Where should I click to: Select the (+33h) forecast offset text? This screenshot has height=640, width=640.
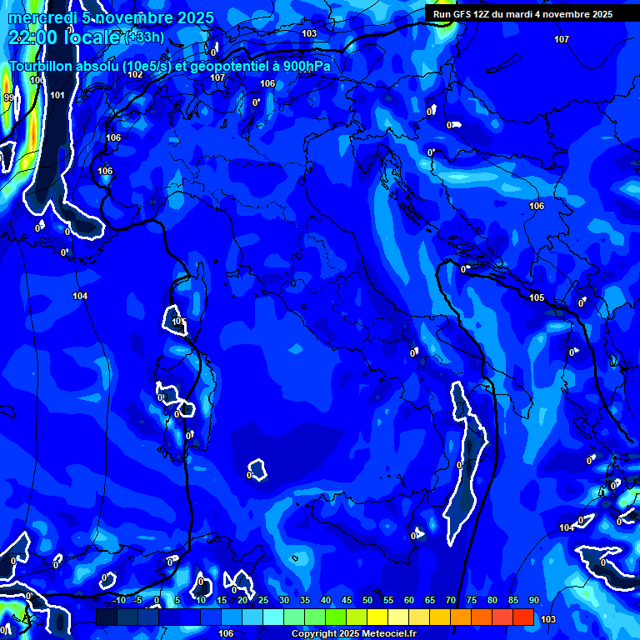click(x=145, y=37)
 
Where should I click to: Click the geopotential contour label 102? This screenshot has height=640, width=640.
click(x=136, y=74)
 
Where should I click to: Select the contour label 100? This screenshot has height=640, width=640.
click(x=37, y=80)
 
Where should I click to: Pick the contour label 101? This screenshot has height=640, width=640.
click(x=57, y=95)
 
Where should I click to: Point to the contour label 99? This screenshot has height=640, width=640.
click(x=9, y=97)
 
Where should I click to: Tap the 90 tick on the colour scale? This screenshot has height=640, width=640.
click(x=534, y=601)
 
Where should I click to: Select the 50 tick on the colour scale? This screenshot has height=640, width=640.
click(x=367, y=601)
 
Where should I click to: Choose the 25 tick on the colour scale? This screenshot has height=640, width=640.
click(x=263, y=601)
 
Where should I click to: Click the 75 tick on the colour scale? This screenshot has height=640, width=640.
click(x=472, y=601)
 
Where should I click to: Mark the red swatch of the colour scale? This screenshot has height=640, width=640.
click(x=523, y=617)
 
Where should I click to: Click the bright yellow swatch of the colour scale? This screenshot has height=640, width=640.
click(x=377, y=617)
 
